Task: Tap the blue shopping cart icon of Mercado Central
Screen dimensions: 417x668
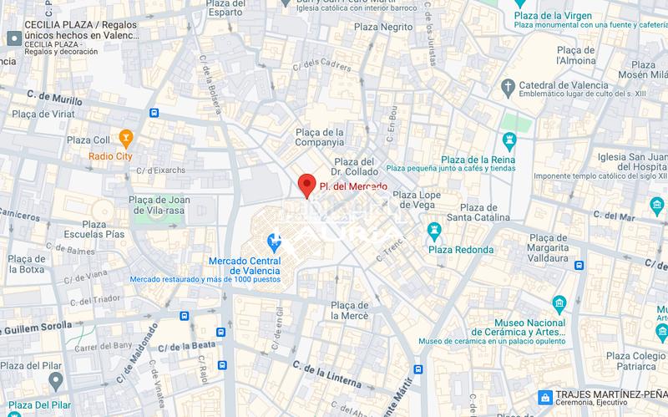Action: click(x=272, y=243)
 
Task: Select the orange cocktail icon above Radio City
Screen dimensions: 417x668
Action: click(x=126, y=136)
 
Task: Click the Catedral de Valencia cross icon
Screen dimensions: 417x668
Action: click(x=507, y=86)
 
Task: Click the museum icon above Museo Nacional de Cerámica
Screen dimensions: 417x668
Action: click(x=559, y=302)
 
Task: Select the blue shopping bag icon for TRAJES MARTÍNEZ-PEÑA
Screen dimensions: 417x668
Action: click(x=544, y=396)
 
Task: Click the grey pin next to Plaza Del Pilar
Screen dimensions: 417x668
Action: click(x=55, y=380)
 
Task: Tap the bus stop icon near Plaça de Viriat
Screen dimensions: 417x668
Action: click(x=154, y=113)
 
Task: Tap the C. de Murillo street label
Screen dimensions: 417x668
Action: click(x=55, y=99)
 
